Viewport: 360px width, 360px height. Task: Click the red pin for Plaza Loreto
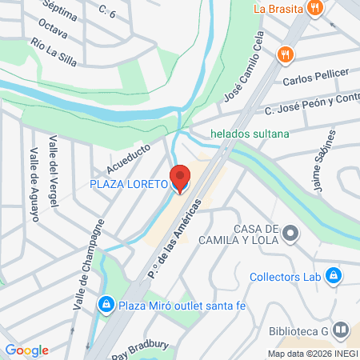tap(181, 178)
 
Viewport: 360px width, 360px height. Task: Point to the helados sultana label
tap(249, 134)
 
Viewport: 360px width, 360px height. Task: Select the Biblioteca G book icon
tap(341, 330)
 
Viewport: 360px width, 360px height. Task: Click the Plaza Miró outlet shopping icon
tap(106, 304)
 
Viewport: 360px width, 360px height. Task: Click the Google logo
tap(26, 350)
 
